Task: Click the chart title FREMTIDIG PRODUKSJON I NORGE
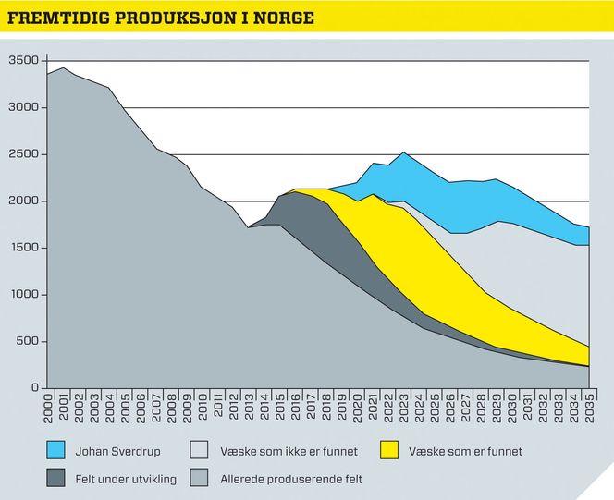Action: (x=160, y=18)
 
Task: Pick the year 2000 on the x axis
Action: (x=48, y=406)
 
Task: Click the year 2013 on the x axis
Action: (x=249, y=406)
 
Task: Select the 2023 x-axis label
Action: (x=403, y=406)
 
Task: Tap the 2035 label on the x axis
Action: (x=588, y=406)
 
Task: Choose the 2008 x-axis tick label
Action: (x=172, y=406)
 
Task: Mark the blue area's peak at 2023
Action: (x=403, y=153)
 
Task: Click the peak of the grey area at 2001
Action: (x=63, y=68)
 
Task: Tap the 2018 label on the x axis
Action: (x=326, y=406)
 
